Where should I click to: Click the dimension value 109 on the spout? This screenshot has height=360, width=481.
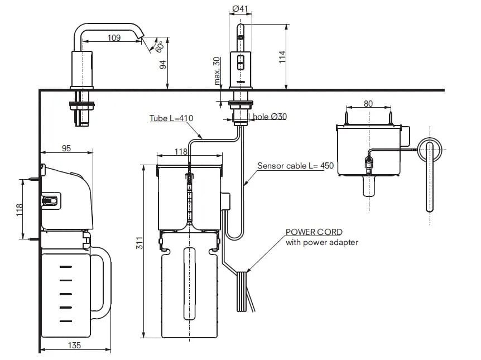tap(114, 38)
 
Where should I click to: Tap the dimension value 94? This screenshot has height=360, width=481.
tap(163, 64)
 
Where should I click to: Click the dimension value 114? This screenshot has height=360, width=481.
tap(282, 57)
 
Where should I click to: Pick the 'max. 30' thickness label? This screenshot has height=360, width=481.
tap(218, 71)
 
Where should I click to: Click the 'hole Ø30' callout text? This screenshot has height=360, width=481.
tap(270, 117)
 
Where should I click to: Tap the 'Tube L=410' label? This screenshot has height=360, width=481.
tap(171, 118)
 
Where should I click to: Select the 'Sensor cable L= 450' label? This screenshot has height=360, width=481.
tap(287, 166)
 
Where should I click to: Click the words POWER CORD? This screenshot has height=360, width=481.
tap(314, 232)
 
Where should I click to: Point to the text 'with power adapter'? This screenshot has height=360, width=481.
tap(321, 242)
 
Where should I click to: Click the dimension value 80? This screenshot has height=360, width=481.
tap(368, 104)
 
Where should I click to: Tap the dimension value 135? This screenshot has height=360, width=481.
tap(74, 345)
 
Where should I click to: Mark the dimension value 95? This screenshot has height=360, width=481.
tap(66, 148)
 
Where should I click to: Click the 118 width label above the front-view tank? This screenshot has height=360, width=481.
tap(181, 151)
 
